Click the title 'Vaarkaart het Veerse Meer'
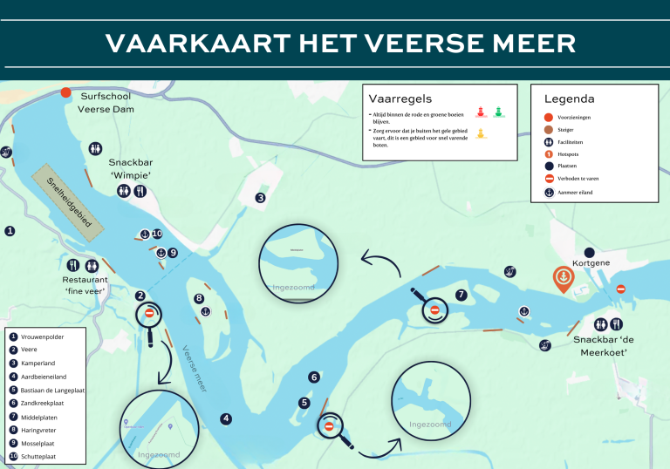(340, 44)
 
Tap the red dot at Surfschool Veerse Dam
(65, 92)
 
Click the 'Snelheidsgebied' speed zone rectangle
(68, 199)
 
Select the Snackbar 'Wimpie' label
(130, 169)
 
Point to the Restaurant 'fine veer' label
(85, 285)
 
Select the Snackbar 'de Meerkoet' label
(602, 346)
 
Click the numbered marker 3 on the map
(260, 198)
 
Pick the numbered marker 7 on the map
(461, 295)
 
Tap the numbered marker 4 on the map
(226, 418)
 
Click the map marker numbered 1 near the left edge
(10, 231)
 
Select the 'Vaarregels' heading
(400, 99)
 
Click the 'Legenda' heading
(569, 99)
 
